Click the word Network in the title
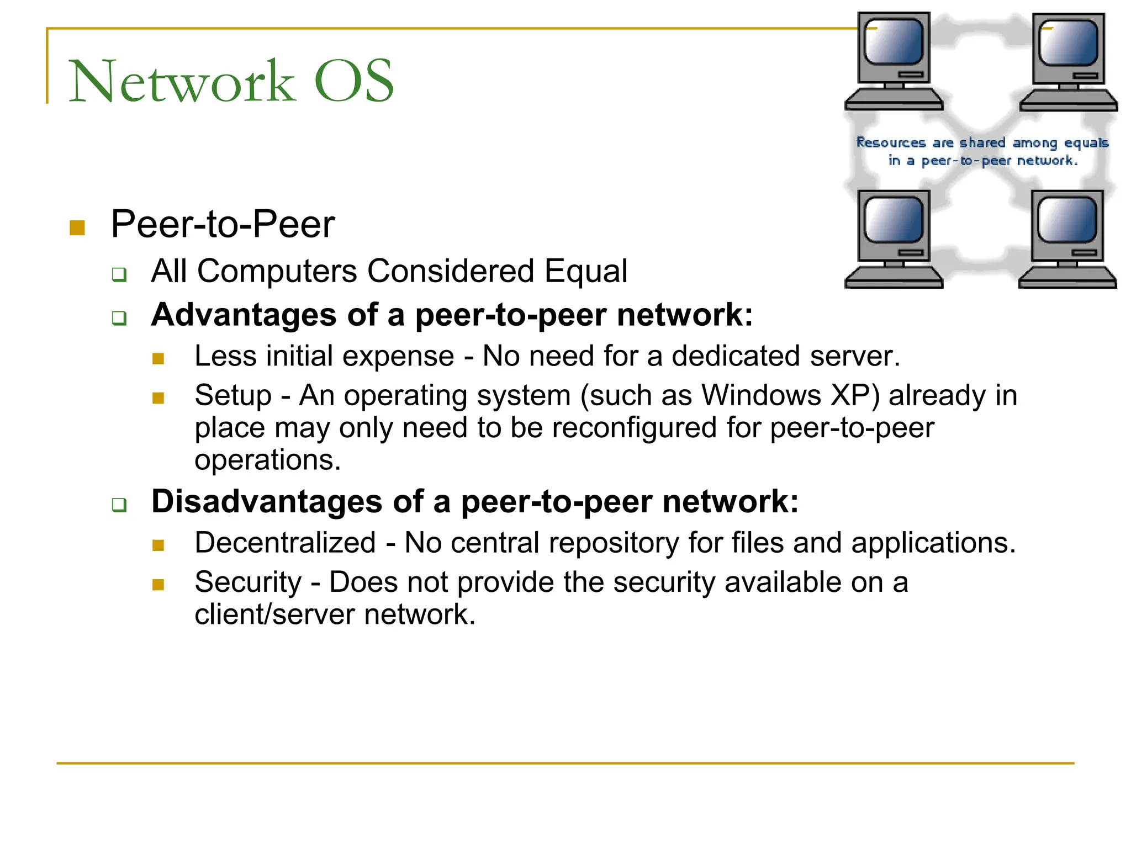[x=182, y=82]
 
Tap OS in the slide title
[x=353, y=82]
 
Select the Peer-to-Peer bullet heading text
[x=223, y=224]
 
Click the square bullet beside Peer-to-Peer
[x=77, y=227]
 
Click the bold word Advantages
[x=244, y=315]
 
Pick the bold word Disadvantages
[x=267, y=501]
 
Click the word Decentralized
[x=286, y=543]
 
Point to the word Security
[x=248, y=582]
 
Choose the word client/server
[x=274, y=614]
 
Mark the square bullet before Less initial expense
[x=158, y=359]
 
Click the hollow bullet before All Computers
[x=119, y=274]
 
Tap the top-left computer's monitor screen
[x=894, y=42]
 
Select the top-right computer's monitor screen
[x=1068, y=43]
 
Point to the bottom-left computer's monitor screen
[x=894, y=220]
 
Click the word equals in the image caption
[x=1086, y=143]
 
